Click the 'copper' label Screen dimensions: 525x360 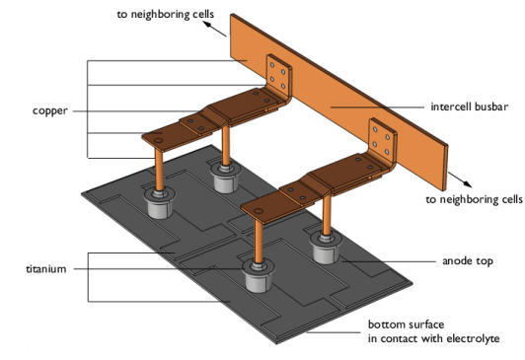50,110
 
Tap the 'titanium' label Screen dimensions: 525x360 46,268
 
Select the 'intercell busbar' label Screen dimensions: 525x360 470,107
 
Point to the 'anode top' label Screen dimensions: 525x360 468,261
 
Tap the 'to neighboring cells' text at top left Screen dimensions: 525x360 166,14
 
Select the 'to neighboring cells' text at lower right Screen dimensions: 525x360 474,199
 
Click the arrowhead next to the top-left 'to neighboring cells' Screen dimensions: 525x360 207,25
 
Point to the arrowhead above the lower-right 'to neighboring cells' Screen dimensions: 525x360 467,183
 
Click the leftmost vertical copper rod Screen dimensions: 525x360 159,170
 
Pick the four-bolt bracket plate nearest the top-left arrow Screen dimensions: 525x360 278,77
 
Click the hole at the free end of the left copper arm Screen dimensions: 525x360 158,140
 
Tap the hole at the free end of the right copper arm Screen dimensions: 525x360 258,211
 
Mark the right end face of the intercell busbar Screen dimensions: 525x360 445,169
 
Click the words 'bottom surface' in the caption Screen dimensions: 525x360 407,324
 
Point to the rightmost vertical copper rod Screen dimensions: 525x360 327,214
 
